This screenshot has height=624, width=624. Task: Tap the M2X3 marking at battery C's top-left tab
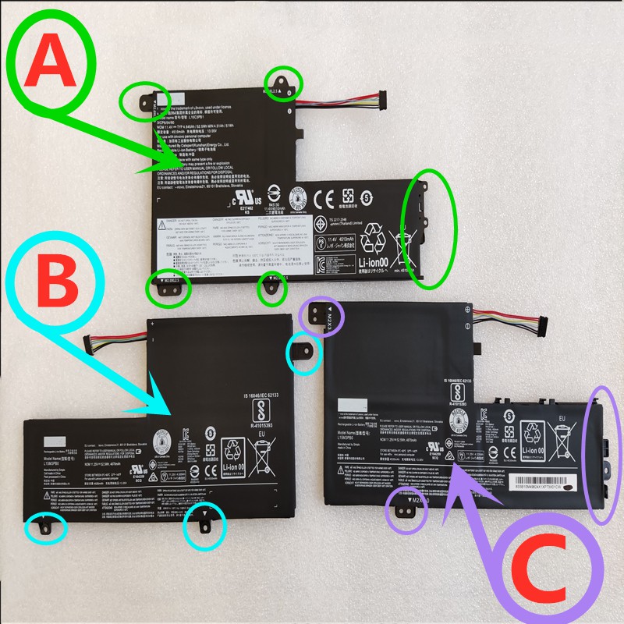coord(330,318)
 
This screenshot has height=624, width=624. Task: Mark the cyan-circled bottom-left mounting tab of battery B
coord(44,526)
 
